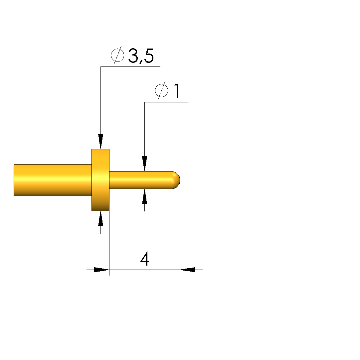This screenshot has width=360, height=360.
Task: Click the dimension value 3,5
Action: [x=141, y=56]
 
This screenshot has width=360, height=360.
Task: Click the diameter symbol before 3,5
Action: [x=117, y=55]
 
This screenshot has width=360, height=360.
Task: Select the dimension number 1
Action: [x=177, y=91]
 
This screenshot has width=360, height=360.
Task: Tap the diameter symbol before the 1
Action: [x=161, y=90]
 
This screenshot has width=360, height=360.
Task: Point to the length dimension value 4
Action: [x=144, y=259]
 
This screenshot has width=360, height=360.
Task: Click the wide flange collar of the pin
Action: [x=100, y=180]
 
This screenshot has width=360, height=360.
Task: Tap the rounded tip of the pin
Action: [x=176, y=180]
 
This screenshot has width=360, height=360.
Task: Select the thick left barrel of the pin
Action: [x=53, y=180]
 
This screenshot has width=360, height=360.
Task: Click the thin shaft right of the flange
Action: [x=141, y=180]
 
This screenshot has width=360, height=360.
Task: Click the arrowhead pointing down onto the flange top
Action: [x=100, y=141]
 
